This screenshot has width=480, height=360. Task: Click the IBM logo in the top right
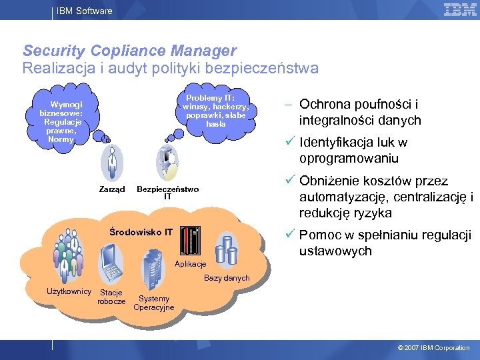pos(460,9)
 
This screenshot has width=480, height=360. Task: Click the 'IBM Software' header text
pos(84,11)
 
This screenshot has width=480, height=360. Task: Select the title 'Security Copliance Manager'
pos(129,51)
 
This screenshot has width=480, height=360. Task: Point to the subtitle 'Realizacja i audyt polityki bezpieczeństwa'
pos(171,68)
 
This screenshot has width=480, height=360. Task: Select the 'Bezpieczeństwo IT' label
pos(167,193)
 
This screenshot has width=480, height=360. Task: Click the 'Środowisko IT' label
pos(141,233)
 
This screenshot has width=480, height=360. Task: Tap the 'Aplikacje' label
pos(190,265)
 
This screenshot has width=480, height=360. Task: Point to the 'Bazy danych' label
pos(227,278)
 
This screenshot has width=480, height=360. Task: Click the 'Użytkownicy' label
pos(69,291)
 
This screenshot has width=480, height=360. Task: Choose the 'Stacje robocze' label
pos(111,297)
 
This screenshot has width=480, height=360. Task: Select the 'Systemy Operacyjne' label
pos(154,303)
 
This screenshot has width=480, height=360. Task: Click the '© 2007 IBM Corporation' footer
pos(433,348)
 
